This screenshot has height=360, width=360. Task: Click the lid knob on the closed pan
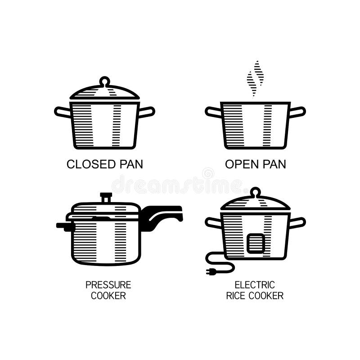pyautogui.click(x=104, y=81)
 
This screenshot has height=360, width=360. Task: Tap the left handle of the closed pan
pyautogui.click(x=63, y=112)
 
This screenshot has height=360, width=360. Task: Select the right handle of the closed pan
pyautogui.click(x=147, y=112)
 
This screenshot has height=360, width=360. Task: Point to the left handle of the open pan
pyautogui.click(x=213, y=112)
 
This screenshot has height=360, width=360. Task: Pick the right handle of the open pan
pyautogui.click(x=297, y=112)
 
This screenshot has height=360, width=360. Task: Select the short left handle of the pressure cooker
pyautogui.click(x=64, y=225)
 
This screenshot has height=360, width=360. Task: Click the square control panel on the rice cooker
pyautogui.click(x=256, y=243)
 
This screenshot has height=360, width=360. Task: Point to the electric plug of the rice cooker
pyautogui.click(x=211, y=271)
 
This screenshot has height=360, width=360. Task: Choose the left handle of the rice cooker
pyautogui.click(x=213, y=222)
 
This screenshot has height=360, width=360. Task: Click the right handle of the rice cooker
pyautogui.click(x=297, y=222)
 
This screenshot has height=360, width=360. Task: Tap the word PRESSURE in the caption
pyautogui.click(x=108, y=285)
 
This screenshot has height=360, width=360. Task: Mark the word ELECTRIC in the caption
pyautogui.click(x=255, y=285)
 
